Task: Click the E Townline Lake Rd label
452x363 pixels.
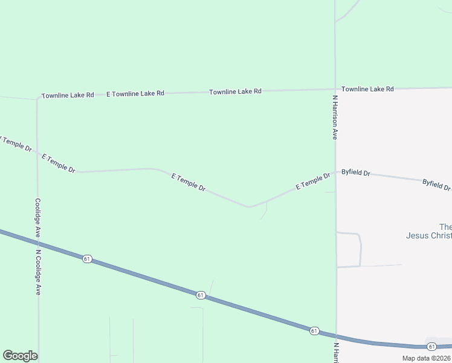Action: click(x=135, y=94)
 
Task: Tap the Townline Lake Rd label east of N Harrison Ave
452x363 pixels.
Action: click(x=367, y=89)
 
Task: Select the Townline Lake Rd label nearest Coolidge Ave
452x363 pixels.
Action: click(x=68, y=96)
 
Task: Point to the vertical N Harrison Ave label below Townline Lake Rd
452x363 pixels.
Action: click(x=334, y=117)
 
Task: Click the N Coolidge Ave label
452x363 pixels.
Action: click(x=37, y=272)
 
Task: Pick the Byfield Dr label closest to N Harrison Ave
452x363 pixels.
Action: click(x=355, y=172)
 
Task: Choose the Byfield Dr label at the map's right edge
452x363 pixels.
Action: click(x=436, y=185)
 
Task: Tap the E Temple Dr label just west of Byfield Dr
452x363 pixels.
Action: click(x=313, y=181)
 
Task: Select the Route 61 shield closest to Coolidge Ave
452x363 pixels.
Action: click(x=87, y=259)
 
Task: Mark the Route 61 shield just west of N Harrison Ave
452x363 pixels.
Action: click(x=314, y=330)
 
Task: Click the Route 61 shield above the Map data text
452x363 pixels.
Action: click(x=431, y=346)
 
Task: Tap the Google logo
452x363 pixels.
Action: click(x=20, y=356)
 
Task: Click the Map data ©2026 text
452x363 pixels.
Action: click(x=426, y=358)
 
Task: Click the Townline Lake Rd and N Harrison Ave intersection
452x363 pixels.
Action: click(x=335, y=90)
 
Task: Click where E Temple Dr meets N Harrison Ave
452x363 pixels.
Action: click(x=335, y=171)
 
